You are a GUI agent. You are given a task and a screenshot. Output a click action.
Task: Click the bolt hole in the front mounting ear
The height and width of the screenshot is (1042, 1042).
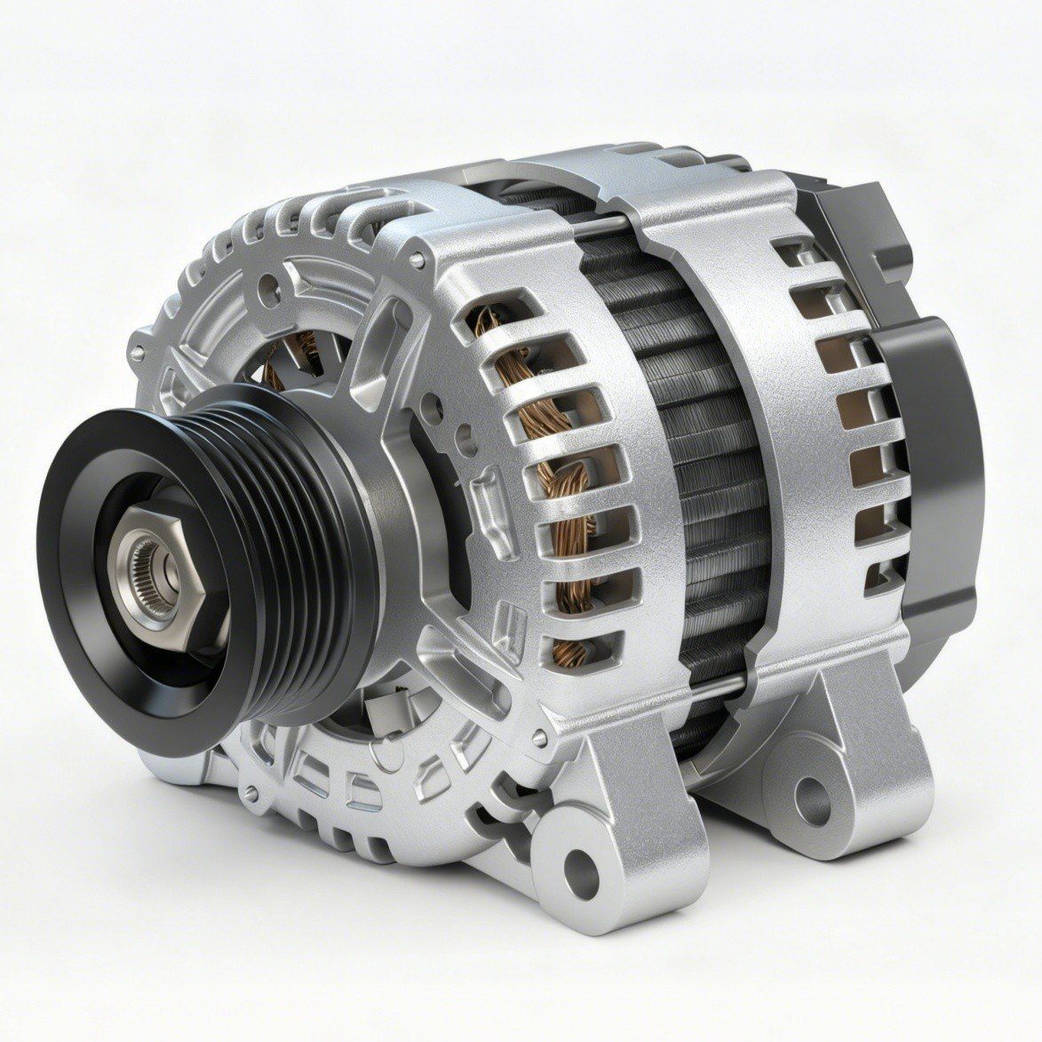578,863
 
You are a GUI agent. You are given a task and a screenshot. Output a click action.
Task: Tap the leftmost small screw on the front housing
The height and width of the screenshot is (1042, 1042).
136,353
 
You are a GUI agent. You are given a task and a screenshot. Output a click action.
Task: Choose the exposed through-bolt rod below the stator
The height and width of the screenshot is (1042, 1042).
711,684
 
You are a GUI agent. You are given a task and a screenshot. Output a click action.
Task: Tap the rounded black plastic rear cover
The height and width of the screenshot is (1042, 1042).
933,444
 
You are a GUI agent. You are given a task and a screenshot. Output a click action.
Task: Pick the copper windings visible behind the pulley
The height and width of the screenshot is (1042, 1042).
306,351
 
